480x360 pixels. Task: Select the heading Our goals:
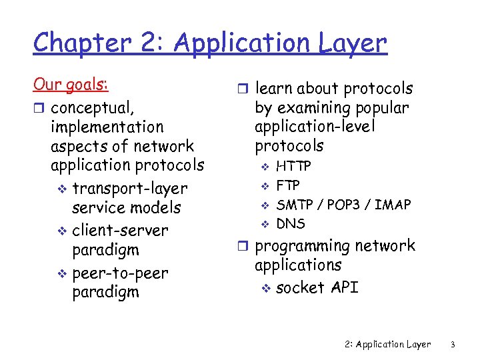(71, 85)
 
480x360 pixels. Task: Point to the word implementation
(107, 127)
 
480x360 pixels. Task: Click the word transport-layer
(129, 189)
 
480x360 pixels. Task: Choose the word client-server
(120, 231)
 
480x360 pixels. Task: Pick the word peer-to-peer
(120, 273)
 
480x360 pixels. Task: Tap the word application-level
(315, 127)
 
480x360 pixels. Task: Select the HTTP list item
(293, 166)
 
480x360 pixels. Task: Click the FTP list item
(288, 185)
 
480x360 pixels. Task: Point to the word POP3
(344, 205)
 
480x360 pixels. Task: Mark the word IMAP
(393, 205)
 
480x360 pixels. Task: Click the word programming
(303, 246)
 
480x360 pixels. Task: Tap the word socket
(298, 287)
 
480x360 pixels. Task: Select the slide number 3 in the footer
(452, 344)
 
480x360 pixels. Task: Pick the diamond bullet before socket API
(265, 288)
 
